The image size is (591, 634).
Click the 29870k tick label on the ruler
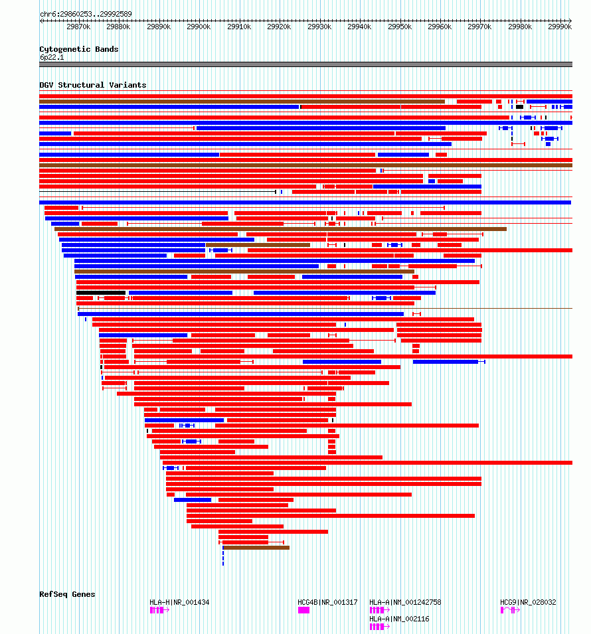tap(78, 27)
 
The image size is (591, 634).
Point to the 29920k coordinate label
tap(279, 27)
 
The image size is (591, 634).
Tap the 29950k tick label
tap(400, 27)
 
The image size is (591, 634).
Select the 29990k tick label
tap(560, 27)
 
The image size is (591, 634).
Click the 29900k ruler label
tap(199, 27)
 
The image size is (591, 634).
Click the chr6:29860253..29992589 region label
tap(86, 14)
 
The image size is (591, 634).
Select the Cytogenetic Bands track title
tap(78, 49)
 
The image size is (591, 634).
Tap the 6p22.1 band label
tap(52, 58)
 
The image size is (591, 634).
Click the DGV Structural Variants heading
tap(92, 85)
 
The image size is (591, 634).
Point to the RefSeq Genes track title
tap(67, 594)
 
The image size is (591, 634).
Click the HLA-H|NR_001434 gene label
tap(179, 602)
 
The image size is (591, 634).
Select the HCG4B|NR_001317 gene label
tap(327, 602)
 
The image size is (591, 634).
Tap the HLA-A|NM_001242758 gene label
tap(405, 602)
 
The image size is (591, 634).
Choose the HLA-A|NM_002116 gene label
tap(399, 619)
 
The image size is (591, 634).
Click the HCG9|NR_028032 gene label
tap(528, 602)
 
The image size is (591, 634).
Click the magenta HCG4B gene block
tap(303, 610)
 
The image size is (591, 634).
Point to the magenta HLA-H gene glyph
tap(159, 610)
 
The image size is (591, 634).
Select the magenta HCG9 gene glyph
tap(509, 610)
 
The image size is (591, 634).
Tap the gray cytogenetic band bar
tap(305, 64)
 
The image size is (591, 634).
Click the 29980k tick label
tap(520, 27)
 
